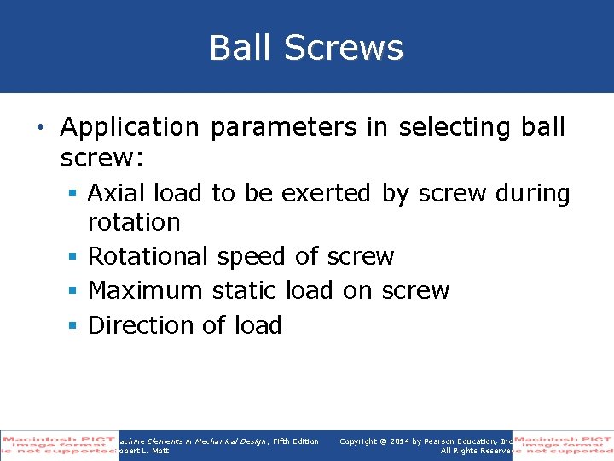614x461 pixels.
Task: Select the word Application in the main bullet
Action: [x=129, y=127]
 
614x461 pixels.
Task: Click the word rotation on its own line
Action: [x=134, y=222]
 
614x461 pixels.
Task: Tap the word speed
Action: [x=252, y=256]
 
